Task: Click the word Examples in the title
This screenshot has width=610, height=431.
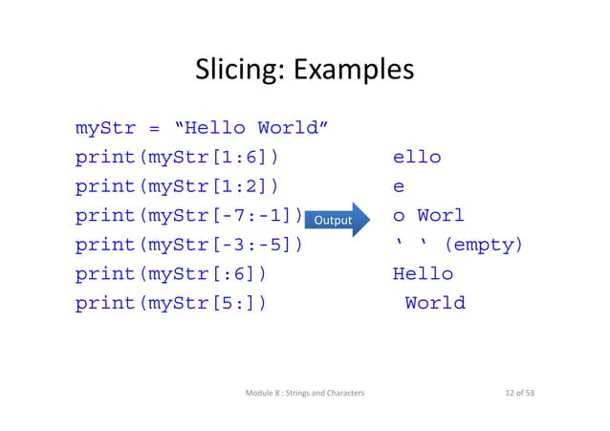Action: click(354, 71)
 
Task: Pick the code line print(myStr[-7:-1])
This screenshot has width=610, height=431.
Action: click(188, 216)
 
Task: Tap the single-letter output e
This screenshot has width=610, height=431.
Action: click(399, 186)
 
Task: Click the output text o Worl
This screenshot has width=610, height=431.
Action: click(428, 216)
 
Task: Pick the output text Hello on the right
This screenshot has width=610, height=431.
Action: click(423, 274)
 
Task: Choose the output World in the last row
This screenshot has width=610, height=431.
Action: click(435, 304)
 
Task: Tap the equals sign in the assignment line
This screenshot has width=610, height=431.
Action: click(153, 128)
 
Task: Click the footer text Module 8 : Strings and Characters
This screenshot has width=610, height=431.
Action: click(311, 394)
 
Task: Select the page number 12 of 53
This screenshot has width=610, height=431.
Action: click(513, 394)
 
